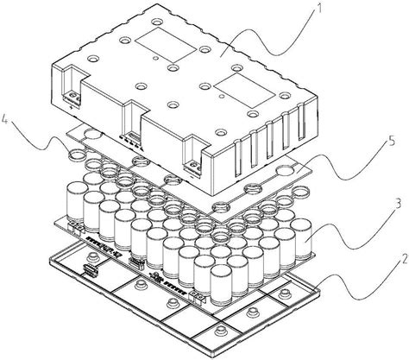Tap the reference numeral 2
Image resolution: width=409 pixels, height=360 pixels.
point(404,260)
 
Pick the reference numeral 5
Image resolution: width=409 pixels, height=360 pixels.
point(392,142)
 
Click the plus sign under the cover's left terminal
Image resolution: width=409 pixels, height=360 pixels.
point(72,108)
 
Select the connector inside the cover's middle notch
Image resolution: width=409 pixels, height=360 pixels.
point(132,135)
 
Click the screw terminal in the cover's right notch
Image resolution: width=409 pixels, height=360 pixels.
point(193,167)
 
